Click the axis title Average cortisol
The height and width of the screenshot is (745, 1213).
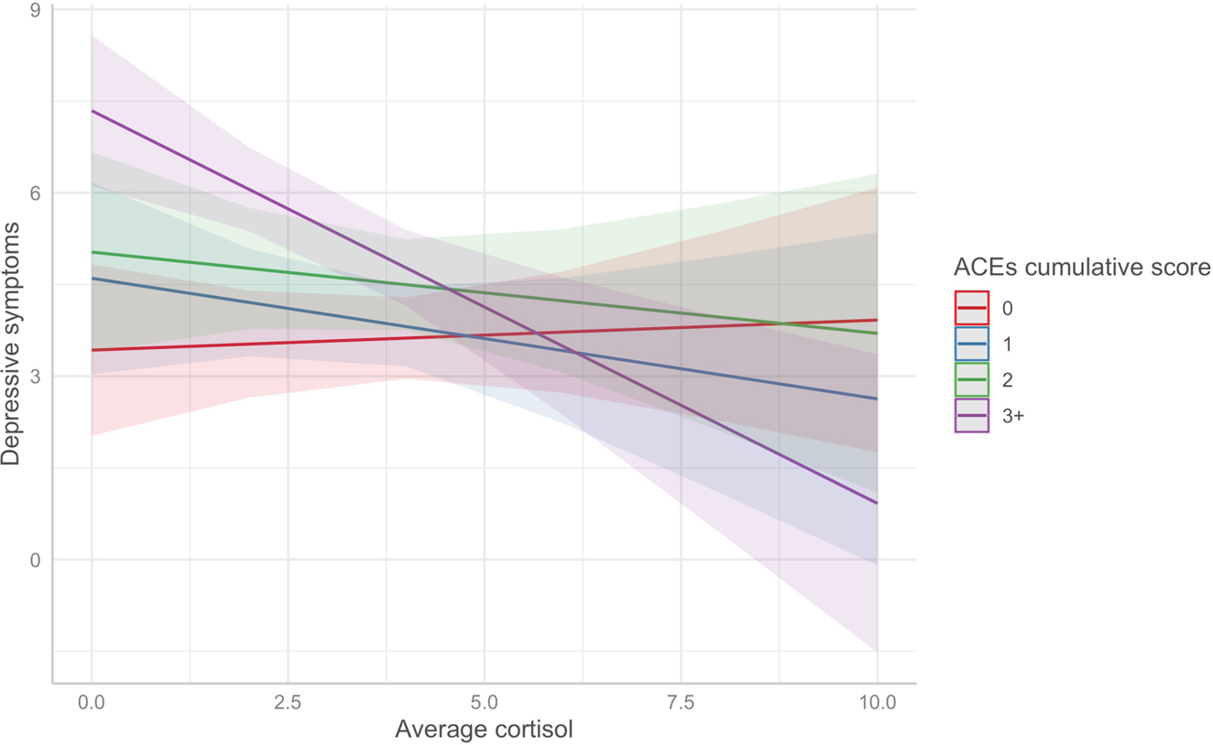[484, 730]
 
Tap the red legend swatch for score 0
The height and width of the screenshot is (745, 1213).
[971, 308]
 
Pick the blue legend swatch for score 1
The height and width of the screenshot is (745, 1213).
[971, 344]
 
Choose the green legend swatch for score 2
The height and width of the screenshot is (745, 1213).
[971, 379]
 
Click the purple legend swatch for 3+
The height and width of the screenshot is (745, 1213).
[971, 415]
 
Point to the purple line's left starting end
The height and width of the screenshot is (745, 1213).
[93, 111]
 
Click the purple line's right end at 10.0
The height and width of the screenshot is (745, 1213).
[877, 503]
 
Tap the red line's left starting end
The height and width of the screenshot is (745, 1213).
[93, 350]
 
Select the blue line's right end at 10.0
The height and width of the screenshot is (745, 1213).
[877, 399]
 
